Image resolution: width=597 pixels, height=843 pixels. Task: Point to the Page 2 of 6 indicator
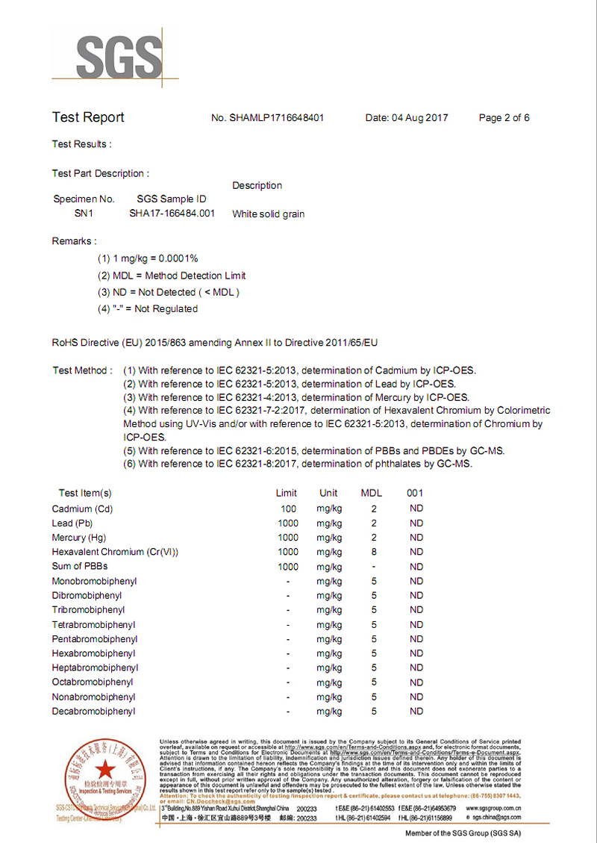point(504,118)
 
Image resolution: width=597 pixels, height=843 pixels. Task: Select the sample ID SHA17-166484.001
point(172,214)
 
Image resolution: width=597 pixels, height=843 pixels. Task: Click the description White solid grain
point(268,214)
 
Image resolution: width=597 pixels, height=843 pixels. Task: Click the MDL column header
point(372,493)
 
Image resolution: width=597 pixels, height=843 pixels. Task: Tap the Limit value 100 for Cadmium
point(288,509)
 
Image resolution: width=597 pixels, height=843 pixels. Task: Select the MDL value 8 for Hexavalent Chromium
point(374,553)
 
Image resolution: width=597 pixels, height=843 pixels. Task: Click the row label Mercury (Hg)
point(79,538)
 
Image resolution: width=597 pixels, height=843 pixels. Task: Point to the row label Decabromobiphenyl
point(93,712)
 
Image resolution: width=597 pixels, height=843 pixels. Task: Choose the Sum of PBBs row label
point(80,567)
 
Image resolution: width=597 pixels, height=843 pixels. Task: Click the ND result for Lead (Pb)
point(416,523)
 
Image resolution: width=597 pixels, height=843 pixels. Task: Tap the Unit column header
point(328,493)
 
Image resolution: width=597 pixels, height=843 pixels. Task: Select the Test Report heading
point(88,117)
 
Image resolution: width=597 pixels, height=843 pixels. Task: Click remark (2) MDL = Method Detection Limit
point(172,276)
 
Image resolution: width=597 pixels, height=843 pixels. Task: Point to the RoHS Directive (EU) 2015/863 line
point(215,343)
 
